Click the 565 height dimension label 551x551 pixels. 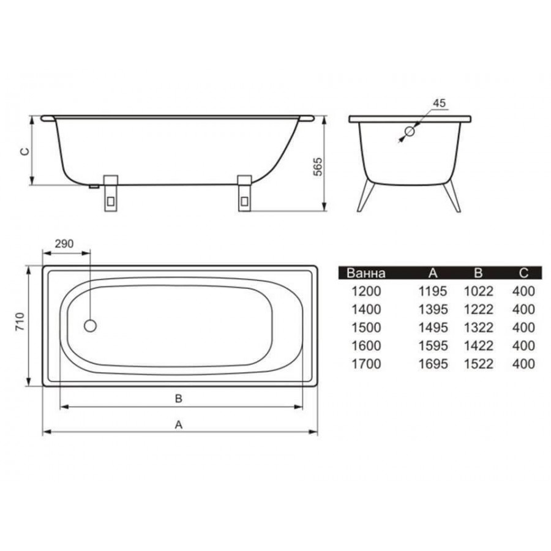click(x=317, y=167)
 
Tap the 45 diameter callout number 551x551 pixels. click(x=439, y=103)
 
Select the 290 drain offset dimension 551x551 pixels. click(x=64, y=244)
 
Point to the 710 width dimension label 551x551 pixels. click(x=20, y=321)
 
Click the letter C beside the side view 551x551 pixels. click(x=24, y=151)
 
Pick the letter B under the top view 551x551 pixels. click(x=179, y=399)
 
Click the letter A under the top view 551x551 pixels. click(x=179, y=425)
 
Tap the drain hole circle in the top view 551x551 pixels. click(x=91, y=326)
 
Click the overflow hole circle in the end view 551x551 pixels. click(x=410, y=132)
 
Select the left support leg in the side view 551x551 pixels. click(x=111, y=193)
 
